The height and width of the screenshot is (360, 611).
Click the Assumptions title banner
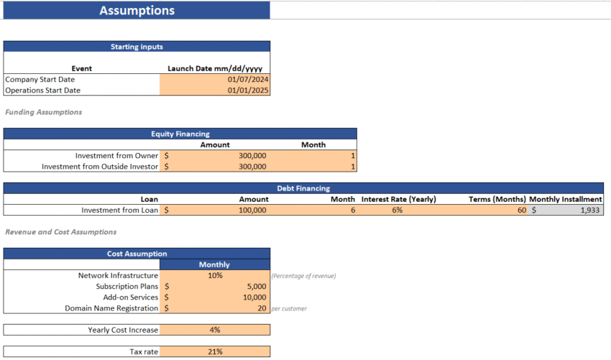136,11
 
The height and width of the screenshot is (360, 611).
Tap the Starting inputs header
137,47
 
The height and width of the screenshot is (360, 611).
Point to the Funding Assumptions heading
43,112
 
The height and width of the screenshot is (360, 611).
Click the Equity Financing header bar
180,134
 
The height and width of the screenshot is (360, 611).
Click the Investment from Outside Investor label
100,167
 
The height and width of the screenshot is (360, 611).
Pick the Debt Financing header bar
303,188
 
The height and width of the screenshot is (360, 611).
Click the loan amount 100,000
252,211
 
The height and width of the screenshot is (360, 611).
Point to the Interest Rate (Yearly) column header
398,199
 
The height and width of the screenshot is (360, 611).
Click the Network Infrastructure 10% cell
215,275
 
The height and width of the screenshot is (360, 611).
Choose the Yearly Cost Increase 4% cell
215,330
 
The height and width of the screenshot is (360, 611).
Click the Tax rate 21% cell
215,351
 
